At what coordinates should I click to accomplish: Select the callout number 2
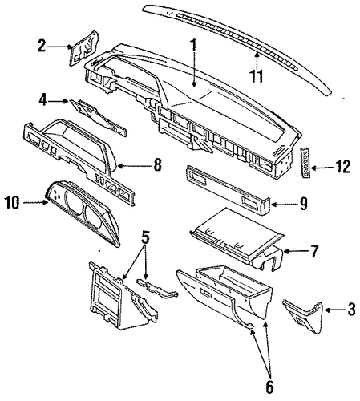42,46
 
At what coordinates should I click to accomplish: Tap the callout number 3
352,310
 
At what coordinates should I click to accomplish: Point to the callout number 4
43,100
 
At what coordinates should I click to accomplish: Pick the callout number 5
145,237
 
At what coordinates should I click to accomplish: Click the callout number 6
269,387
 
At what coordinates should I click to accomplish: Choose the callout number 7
314,251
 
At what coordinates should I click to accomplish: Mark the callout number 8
157,164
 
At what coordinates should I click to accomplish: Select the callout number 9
303,205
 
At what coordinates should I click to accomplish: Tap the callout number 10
12,202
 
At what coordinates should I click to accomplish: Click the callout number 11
257,75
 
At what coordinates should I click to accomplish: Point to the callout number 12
343,167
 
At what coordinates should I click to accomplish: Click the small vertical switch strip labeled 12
305,162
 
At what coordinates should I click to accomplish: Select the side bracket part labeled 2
84,48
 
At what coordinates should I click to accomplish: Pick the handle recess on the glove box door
205,294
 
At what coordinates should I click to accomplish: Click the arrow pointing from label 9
284,205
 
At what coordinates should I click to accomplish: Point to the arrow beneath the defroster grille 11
257,59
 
